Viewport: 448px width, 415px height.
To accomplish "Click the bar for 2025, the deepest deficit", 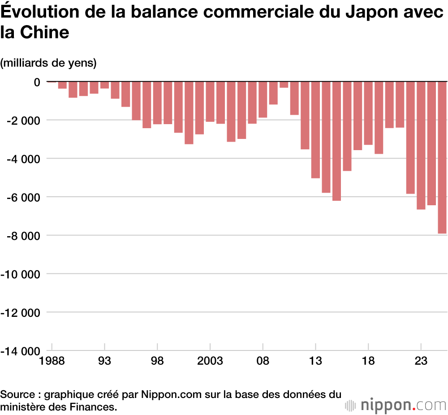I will click(x=442, y=157).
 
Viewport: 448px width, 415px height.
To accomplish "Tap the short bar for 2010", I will click(x=284, y=85).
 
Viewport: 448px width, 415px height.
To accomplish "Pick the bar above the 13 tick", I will click(x=315, y=130).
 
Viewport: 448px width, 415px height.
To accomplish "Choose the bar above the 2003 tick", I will click(x=210, y=101).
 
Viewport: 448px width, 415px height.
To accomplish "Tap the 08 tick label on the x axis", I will click(x=263, y=361).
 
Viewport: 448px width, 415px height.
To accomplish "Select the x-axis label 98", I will click(x=157, y=361).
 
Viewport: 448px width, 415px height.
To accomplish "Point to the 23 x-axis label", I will click(x=421, y=361).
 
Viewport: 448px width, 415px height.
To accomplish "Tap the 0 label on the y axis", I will click(x=36, y=82).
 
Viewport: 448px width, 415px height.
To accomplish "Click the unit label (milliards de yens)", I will click(x=48, y=63).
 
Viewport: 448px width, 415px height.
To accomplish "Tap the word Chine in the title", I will click(x=47, y=32).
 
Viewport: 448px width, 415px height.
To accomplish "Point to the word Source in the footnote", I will click(x=17, y=395).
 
